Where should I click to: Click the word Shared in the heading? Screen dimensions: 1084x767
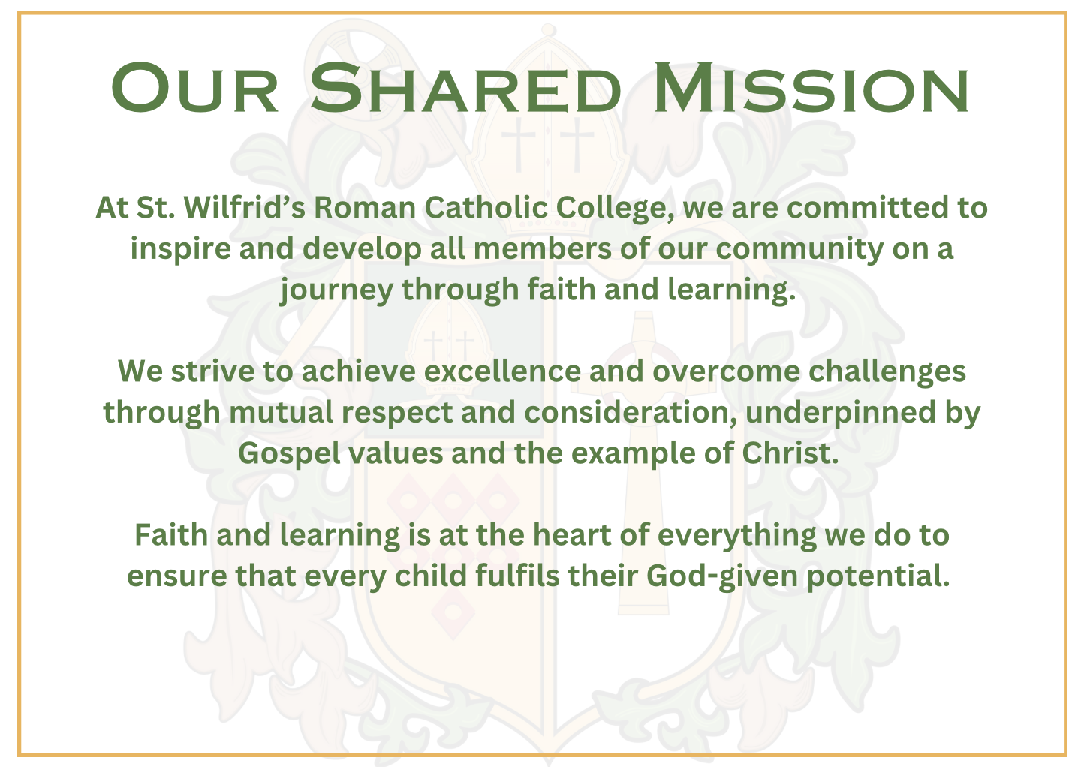pyautogui.click(x=465, y=87)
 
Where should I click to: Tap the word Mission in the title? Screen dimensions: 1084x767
pyautogui.click(x=811, y=87)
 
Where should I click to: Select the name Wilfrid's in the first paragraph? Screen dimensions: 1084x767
pyautogui.click(x=245, y=208)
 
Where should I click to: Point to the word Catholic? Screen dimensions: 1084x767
pyautogui.click(x=486, y=208)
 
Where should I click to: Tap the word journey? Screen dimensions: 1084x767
pyautogui.click(x=337, y=291)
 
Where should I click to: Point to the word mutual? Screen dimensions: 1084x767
pyautogui.click(x=282, y=412)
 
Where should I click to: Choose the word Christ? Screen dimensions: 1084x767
pyautogui.click(x=790, y=453)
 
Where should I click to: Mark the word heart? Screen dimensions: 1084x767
pyautogui.click(x=572, y=535)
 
